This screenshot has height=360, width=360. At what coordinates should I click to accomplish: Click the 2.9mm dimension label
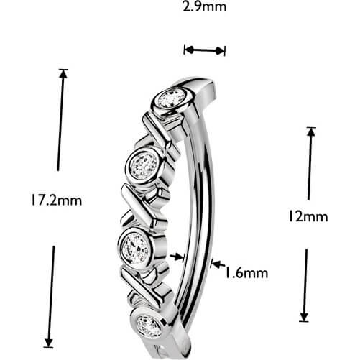[x=204, y=7]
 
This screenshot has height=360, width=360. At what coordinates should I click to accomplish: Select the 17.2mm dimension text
[x=57, y=200]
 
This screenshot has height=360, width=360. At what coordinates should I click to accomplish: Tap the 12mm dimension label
[x=308, y=216]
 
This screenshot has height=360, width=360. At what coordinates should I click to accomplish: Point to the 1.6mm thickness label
[x=246, y=273]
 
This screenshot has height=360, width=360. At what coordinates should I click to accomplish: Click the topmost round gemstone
[x=172, y=98]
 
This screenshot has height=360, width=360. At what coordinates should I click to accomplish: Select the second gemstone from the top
[x=143, y=165]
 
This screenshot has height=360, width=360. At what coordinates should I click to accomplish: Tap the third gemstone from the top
[x=136, y=249]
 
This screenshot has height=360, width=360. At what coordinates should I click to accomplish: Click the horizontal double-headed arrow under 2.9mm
[x=204, y=50]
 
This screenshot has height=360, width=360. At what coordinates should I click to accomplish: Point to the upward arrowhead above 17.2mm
[x=63, y=74]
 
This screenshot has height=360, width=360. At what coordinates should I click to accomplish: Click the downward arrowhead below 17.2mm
[x=49, y=343]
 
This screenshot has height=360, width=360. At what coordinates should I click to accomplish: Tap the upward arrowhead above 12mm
[x=311, y=131]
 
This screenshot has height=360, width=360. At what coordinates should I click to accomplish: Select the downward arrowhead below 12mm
[x=304, y=317]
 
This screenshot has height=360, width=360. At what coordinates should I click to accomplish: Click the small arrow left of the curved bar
[x=177, y=257]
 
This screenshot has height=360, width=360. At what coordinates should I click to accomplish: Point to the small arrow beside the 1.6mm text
[x=218, y=264]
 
